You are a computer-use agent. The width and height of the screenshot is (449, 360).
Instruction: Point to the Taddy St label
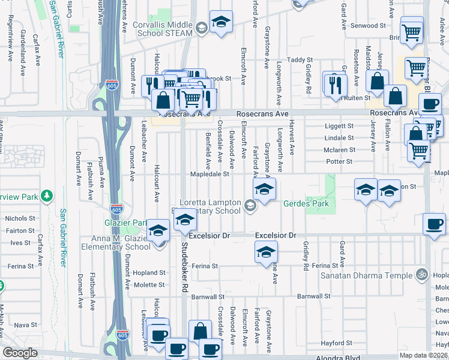300,60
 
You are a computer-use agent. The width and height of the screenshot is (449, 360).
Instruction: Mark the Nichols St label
20,219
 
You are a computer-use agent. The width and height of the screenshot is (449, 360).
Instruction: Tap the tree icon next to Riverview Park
46,196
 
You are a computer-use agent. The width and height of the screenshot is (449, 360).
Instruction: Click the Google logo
20,353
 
